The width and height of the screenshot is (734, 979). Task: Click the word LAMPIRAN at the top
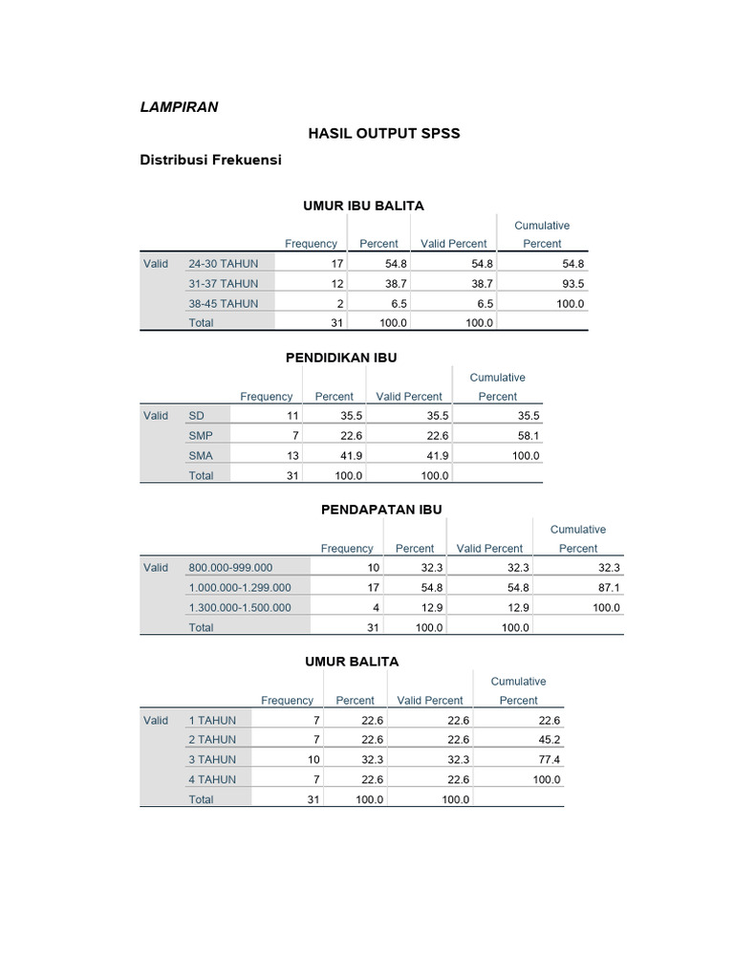point(179,107)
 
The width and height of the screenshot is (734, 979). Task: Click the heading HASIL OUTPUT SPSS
point(383,134)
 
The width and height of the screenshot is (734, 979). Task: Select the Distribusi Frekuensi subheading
point(210,161)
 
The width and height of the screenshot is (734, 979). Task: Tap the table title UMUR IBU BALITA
point(363,206)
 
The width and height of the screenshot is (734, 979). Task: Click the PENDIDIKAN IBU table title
point(341,358)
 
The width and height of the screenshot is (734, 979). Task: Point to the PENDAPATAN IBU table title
point(381,510)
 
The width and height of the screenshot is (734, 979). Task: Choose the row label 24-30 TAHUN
point(223,264)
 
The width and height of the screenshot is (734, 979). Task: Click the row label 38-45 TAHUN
point(223,303)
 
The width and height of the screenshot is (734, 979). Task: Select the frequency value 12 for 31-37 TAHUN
point(336,284)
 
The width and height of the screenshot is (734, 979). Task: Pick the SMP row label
point(201,436)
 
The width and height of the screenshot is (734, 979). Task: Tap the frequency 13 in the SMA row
point(292,456)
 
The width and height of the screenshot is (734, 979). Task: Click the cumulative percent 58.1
point(526,436)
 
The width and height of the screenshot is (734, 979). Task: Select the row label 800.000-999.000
point(230,568)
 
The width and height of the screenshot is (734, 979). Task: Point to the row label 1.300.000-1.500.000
point(240,608)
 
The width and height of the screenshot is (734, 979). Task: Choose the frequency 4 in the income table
point(376,608)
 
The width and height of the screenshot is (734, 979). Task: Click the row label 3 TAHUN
point(212,760)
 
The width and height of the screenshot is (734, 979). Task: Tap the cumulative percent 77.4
point(549,760)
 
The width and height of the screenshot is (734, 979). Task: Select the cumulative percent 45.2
point(549,740)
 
